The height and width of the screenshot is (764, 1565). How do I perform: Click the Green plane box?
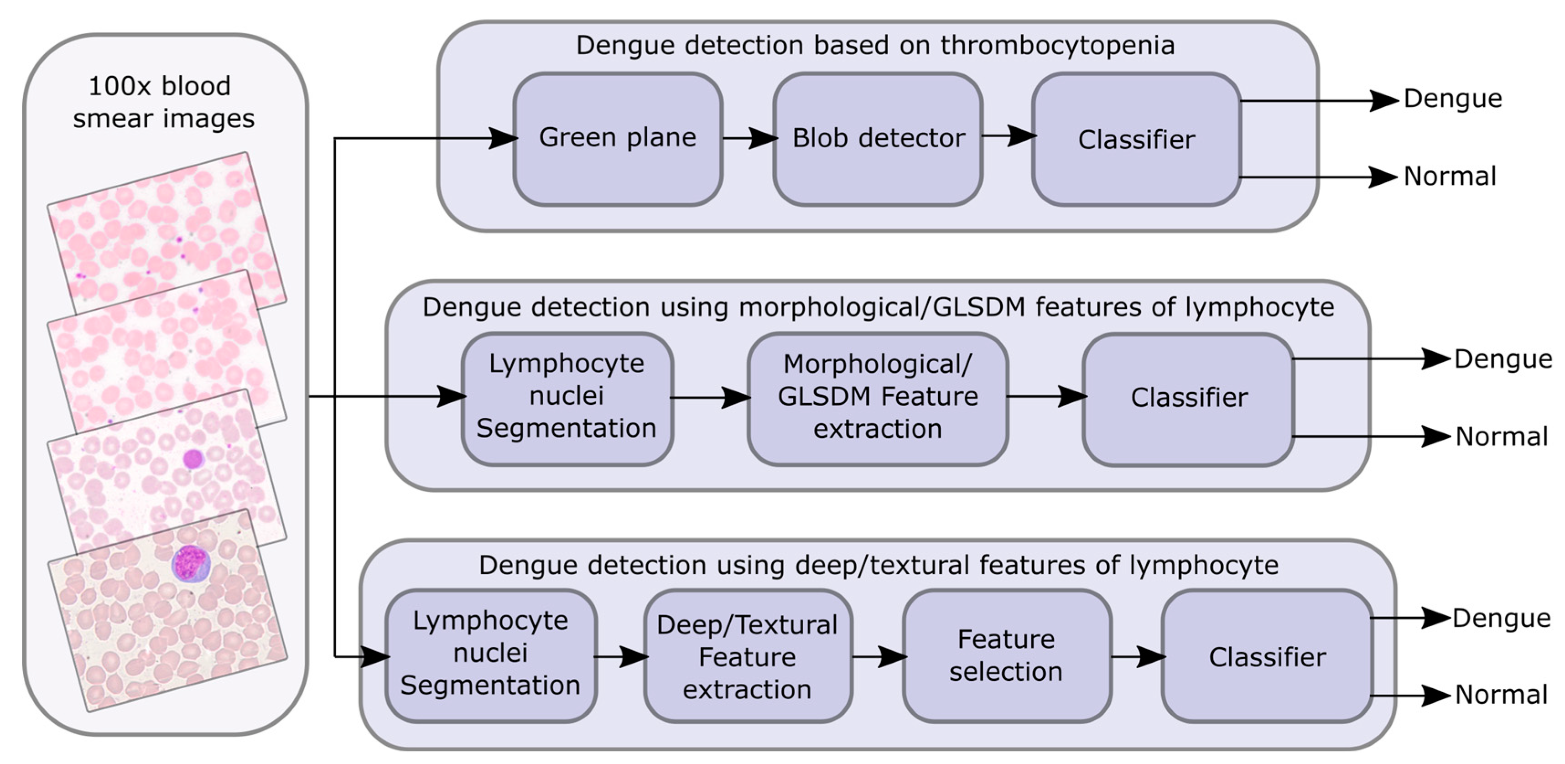[617, 139]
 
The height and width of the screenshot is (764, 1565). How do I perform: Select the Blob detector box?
[878, 139]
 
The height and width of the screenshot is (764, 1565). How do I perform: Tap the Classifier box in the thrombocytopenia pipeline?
[1136, 140]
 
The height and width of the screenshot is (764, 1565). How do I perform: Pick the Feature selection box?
[1007, 656]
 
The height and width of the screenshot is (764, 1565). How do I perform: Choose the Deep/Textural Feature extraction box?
[747, 657]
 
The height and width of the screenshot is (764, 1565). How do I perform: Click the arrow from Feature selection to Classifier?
[1137, 656]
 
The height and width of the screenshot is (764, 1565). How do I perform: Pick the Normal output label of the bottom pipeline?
[1501, 695]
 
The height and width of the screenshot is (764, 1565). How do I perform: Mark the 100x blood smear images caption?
[163, 102]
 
